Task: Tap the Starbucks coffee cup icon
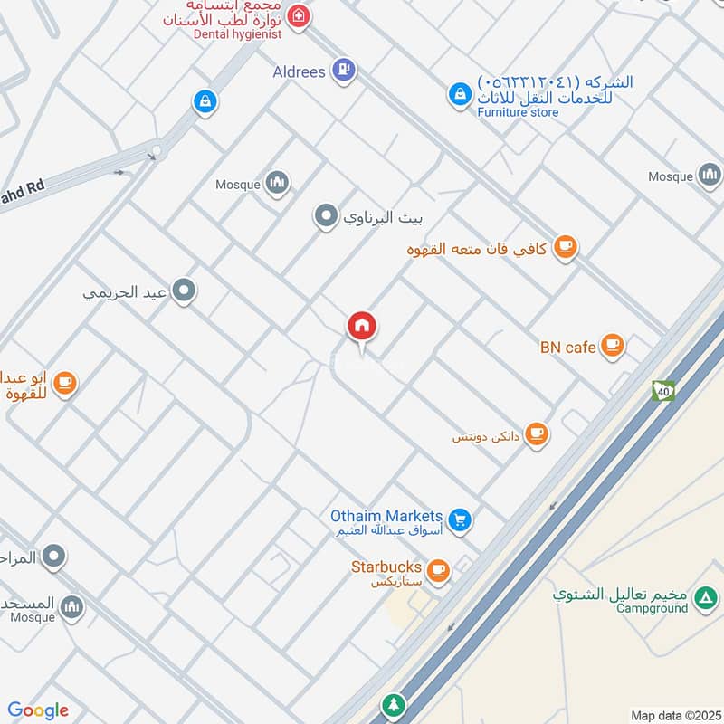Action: point(439,569)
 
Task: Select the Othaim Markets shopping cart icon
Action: point(461,519)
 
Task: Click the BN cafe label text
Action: point(568,347)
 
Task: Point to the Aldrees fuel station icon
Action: point(343,69)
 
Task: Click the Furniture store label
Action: point(519,112)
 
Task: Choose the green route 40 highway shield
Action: point(663,391)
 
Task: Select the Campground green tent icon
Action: point(706,597)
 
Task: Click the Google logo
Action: point(38,710)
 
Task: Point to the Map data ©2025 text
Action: point(674,715)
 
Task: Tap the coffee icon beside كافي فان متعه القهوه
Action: point(566,246)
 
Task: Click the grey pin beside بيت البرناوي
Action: point(325,216)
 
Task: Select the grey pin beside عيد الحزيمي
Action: point(186,291)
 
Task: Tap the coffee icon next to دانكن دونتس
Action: point(537,434)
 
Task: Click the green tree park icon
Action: point(393,704)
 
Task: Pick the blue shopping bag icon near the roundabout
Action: point(205,102)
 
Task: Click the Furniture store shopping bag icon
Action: point(461,93)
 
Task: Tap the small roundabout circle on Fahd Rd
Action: point(157,150)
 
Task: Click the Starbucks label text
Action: point(386,567)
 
